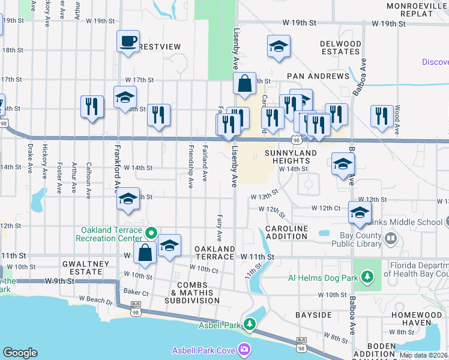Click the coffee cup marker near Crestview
pos(127,41)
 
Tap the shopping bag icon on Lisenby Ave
pos(245,85)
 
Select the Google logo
pos(20,353)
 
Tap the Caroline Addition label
pos(287,232)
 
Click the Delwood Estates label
pos(340,48)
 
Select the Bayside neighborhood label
pos(313,314)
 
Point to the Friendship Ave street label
pos(191,166)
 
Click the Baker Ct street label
pos(136,291)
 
